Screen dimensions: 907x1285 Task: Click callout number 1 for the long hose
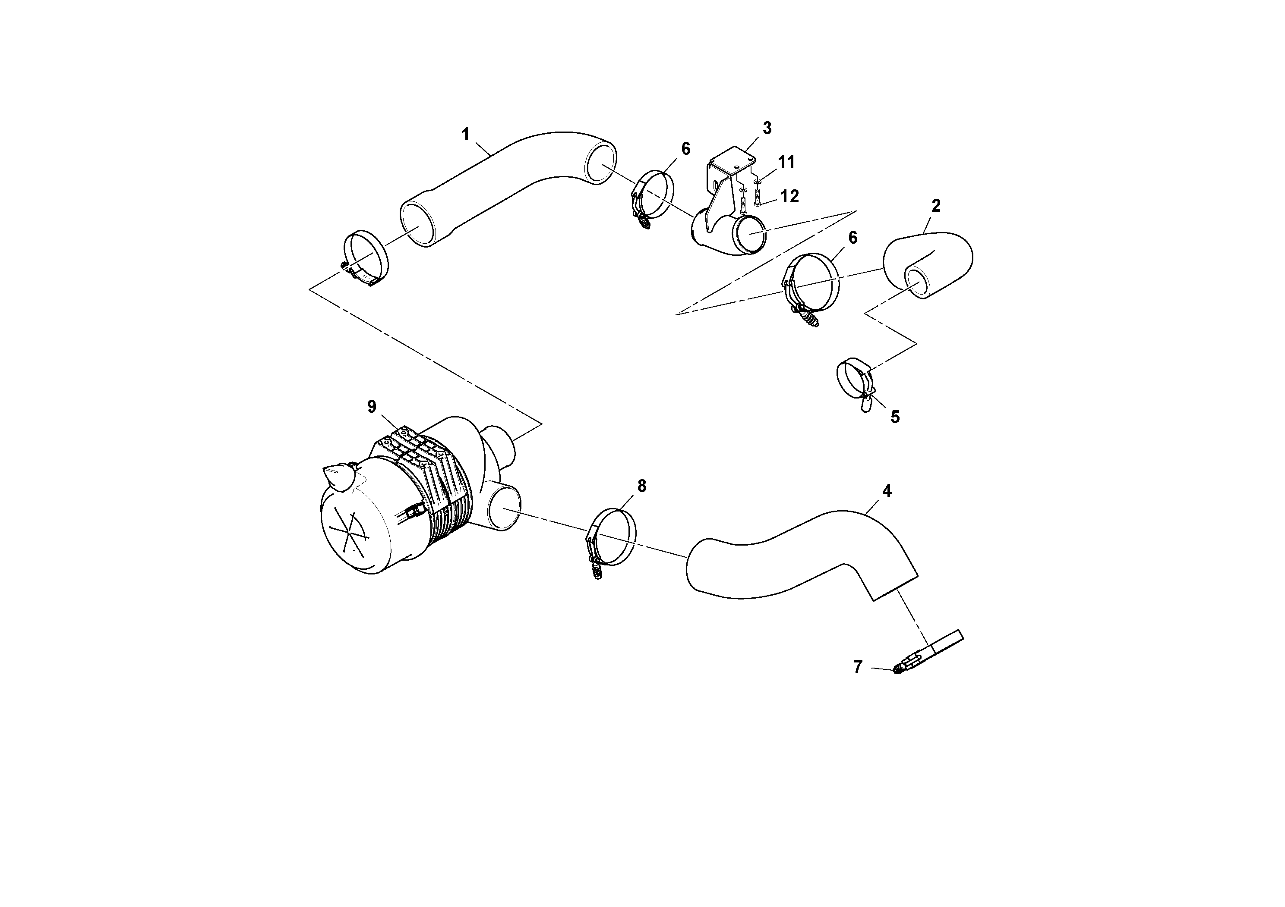pos(465,134)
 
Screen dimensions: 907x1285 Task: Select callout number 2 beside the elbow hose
pos(936,206)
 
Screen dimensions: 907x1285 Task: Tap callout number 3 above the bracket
pos(767,128)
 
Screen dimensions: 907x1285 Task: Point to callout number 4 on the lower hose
pos(887,491)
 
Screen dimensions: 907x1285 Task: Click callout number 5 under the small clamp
pos(895,417)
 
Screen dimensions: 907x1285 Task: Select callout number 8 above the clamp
pos(641,486)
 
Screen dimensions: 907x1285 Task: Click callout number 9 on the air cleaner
pos(372,407)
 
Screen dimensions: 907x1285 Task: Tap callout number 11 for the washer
pos(786,162)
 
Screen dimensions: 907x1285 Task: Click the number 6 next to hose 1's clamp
pos(685,149)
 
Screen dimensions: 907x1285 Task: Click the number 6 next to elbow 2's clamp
pos(852,238)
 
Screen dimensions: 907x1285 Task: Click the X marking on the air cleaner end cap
pos(350,531)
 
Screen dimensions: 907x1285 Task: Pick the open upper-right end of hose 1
pos(600,162)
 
